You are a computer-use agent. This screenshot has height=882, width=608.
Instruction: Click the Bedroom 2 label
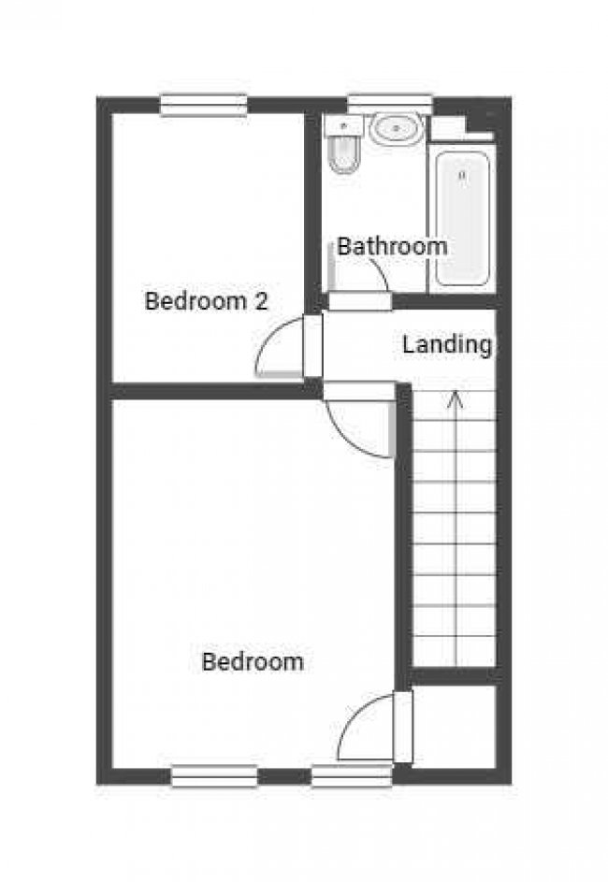206,301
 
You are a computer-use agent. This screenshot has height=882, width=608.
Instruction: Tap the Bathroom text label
392,246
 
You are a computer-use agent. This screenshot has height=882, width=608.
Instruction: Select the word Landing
447,345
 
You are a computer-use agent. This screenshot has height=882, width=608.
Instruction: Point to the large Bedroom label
253,661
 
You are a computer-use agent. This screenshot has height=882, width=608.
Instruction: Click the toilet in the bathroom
343,145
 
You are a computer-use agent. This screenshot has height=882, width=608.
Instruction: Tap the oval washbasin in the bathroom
396,129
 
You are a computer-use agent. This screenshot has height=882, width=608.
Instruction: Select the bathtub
462,218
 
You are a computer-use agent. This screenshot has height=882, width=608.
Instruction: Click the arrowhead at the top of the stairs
456,399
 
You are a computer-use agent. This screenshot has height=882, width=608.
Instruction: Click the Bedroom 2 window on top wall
204,105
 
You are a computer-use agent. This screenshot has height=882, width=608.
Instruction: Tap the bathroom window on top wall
390,105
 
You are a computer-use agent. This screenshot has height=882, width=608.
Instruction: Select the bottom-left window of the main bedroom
214,776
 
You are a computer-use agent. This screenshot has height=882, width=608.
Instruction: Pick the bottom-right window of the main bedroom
352,776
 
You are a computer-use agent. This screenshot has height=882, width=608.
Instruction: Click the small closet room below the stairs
455,726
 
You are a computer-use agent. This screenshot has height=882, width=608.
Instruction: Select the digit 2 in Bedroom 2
261,301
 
